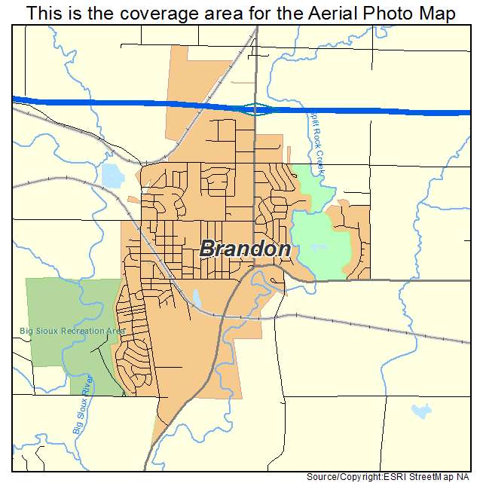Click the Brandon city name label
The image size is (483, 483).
pos(246,249)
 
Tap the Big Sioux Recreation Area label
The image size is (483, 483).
pos(73,331)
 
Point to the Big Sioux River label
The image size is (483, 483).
pos(84,404)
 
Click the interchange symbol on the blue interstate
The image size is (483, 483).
pos(255,109)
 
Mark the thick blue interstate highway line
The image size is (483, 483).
pos(113,103)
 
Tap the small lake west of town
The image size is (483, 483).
pos(112,176)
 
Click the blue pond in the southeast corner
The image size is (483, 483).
pos(421,411)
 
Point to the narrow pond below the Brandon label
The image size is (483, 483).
pos(197,299)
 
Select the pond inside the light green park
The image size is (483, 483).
pos(317,247)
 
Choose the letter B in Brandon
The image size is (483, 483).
pos(209,249)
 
